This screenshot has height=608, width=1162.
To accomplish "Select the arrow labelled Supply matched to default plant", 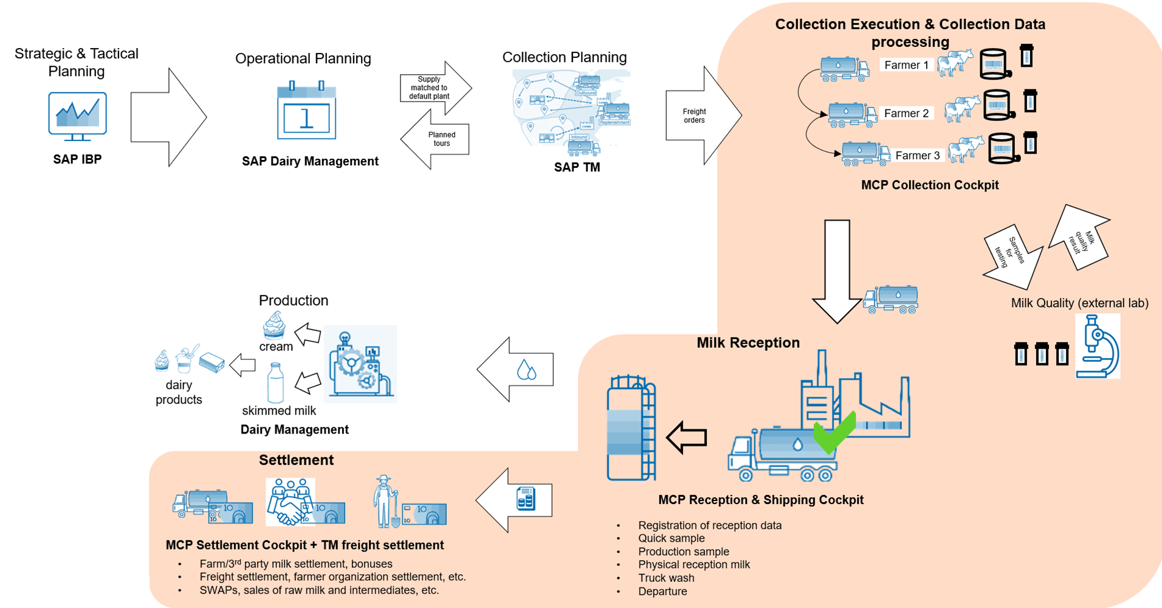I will pos(435,88).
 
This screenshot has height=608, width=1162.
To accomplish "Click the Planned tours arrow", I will pos(436,139).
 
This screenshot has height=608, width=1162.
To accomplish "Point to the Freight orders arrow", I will pos(702,116).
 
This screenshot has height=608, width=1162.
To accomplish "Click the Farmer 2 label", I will pos(906,113).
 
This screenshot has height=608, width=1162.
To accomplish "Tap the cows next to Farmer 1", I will pos(954,63).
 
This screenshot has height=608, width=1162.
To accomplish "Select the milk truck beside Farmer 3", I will pos(865,153).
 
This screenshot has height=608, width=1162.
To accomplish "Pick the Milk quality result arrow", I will pos(1081,237).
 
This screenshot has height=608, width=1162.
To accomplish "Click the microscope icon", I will pos(1098,347).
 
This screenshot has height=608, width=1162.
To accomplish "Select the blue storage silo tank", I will pos(631,428).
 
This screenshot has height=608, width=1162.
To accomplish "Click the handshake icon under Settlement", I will pos(291,502).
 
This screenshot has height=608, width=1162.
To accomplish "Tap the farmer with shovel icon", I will pos(385,501).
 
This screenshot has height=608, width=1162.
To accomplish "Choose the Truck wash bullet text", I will pos(666,578).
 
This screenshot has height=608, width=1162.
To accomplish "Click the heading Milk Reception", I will pos(748,343).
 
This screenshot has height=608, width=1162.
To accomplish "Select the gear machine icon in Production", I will pos(360,364).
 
